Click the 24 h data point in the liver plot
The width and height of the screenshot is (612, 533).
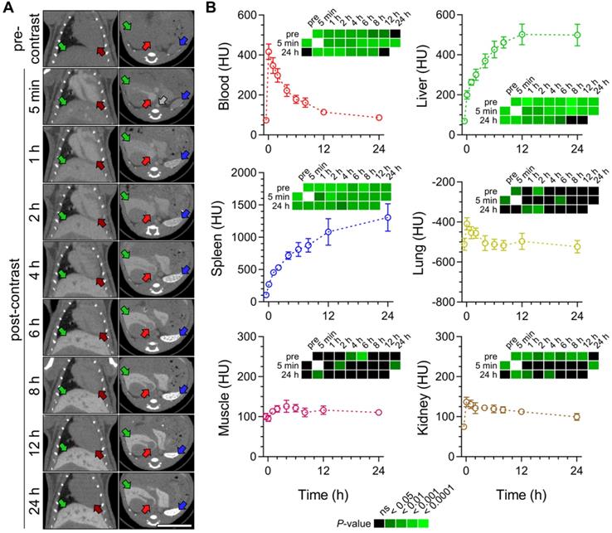(577, 35)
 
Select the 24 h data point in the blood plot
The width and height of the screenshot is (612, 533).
(378, 118)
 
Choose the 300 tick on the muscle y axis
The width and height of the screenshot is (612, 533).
(249, 336)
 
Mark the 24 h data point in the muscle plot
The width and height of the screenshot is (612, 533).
(378, 412)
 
